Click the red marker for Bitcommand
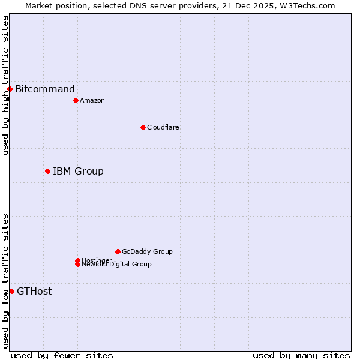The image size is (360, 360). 10,89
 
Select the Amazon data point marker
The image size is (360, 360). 76,100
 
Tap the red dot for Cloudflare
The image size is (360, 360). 143,127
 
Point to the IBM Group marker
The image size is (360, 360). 47,172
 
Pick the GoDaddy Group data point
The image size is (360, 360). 118,251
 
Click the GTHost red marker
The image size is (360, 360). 11,292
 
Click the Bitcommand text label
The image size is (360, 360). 45,89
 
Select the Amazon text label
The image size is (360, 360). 92,100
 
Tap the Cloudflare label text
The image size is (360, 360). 163,127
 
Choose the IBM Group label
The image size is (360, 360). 78,172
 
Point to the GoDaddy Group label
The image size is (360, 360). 147,251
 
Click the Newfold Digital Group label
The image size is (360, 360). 117,265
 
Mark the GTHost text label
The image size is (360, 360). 34,292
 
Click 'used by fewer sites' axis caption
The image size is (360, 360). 62,355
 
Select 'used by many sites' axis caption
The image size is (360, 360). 301,355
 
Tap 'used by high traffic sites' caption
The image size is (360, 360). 5,85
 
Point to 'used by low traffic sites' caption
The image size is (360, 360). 5,281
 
